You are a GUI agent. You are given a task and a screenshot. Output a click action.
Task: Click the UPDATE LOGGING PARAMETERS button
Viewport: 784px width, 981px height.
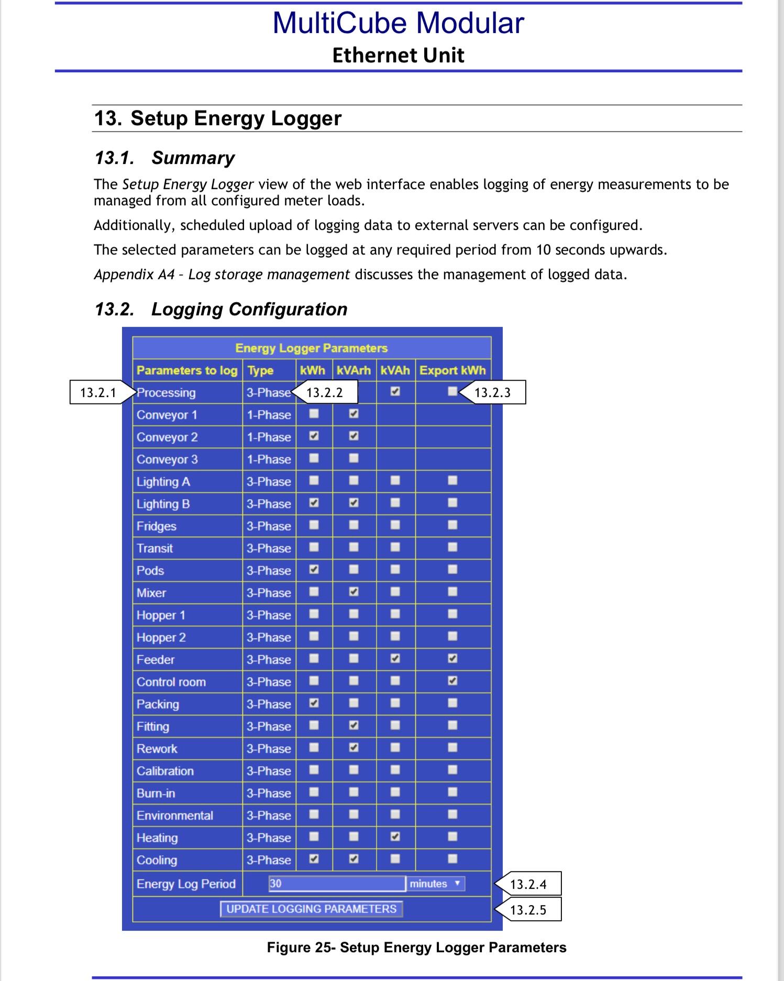tap(311, 909)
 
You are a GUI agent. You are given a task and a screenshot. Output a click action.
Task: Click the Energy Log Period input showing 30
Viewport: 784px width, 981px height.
tap(337, 884)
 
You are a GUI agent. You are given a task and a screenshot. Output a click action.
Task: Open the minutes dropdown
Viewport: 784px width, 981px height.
tap(435, 884)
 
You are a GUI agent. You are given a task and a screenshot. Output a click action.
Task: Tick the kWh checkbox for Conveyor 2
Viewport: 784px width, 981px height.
tap(314, 436)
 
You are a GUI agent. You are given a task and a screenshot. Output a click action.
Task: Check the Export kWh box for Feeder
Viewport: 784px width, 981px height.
tap(452, 659)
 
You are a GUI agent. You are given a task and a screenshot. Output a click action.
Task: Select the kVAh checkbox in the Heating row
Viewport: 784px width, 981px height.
tap(395, 837)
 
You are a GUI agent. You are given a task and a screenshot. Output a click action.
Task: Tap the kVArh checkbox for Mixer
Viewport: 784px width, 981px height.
tap(354, 592)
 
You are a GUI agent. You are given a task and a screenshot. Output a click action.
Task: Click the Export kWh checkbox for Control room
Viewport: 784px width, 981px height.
tap(452, 681)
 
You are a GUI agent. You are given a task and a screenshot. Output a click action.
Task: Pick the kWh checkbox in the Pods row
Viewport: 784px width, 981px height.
tap(314, 570)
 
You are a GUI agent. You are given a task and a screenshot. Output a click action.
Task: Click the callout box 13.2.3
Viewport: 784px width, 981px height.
tap(492, 393)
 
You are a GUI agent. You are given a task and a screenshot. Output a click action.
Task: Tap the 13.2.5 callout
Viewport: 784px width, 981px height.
tap(528, 910)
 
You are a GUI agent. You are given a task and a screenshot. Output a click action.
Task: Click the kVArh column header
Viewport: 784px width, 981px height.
tap(354, 370)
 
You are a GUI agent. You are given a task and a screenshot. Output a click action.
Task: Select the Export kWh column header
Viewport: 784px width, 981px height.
tap(452, 370)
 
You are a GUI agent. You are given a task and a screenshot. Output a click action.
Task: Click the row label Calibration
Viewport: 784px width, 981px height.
tap(165, 771)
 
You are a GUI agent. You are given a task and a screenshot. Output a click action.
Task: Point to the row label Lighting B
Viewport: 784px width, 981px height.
tap(163, 504)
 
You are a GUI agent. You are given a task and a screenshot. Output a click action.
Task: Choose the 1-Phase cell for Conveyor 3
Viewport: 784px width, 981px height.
tap(269, 459)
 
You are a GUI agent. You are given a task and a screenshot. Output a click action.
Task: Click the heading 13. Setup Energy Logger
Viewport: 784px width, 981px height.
tap(217, 118)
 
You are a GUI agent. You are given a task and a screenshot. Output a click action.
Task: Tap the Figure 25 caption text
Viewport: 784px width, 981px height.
tap(416, 947)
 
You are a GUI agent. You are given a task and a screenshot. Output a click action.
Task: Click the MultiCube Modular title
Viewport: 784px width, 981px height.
tap(398, 23)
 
